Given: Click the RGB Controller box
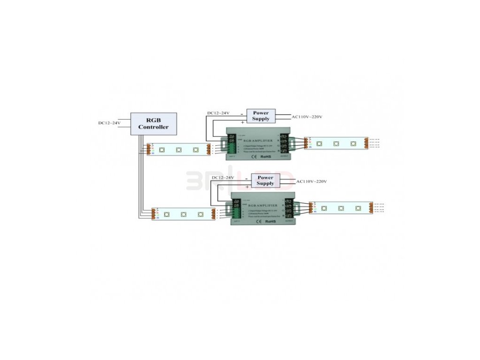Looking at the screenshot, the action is click(153, 124).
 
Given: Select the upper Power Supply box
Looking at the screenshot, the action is click(261, 116).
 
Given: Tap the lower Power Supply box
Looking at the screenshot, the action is click(265, 180).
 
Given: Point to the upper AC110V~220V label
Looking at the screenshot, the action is click(307, 117).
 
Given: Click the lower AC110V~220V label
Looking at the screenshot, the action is click(311, 181).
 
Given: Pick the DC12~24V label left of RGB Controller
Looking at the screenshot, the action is click(109, 123).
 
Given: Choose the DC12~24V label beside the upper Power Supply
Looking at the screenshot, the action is click(219, 113).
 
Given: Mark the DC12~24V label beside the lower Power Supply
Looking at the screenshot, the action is click(223, 178).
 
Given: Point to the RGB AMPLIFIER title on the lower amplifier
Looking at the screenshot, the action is click(263, 205).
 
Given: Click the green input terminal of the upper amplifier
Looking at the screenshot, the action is click(233, 147).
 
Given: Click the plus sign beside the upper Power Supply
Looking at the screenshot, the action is click(242, 122).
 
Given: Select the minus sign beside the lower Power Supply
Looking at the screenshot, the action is click(246, 178).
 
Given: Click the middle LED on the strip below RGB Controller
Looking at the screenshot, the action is click(179, 150).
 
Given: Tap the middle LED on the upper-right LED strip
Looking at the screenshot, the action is click(336, 143).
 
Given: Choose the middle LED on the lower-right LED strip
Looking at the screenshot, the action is click(342, 207).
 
